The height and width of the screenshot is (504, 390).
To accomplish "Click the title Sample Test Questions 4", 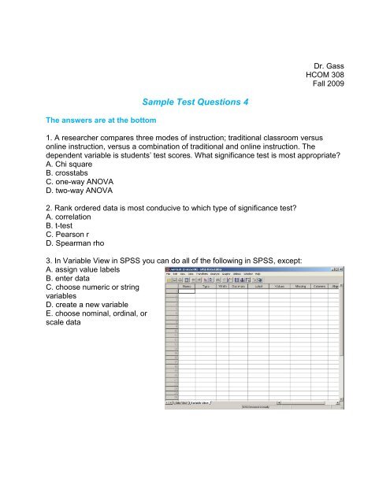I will (195, 102).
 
